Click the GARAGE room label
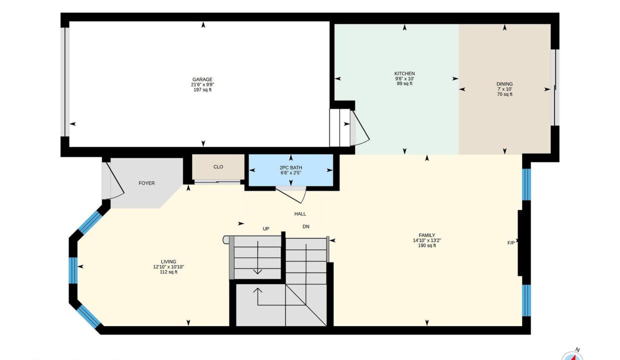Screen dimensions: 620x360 (202, 79)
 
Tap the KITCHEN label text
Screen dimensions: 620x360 (404, 73)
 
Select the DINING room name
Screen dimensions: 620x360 (504, 84)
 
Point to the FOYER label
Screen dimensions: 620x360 (146, 183)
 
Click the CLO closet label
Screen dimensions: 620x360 (218, 167)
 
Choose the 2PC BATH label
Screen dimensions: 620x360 (290, 167)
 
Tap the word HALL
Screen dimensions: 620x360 (300, 214)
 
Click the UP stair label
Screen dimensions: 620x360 (265, 229)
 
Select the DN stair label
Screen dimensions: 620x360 (306, 226)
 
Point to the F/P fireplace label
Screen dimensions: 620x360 (511, 243)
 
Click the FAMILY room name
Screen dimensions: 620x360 (427, 235)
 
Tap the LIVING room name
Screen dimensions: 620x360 (168, 262)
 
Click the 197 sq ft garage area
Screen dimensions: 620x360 (202, 90)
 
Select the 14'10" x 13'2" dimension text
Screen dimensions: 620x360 (427, 240)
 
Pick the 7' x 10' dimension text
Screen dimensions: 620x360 (504, 89)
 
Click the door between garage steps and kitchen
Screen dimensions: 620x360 (360, 128)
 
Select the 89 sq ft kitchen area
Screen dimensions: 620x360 (404, 83)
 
